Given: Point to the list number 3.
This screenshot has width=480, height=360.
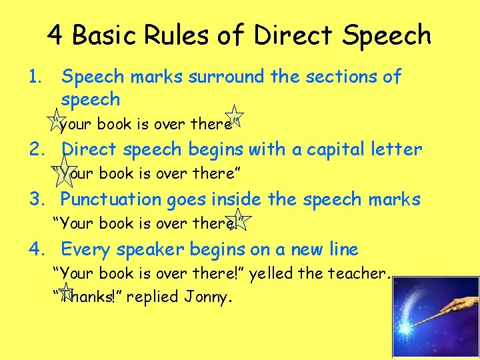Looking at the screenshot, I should pos(37,199).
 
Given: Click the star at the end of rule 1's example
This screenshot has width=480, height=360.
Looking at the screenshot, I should pos(235,117).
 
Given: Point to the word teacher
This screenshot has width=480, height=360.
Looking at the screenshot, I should pos(364,273).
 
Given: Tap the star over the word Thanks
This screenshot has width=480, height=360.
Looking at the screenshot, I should pos(65,291).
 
